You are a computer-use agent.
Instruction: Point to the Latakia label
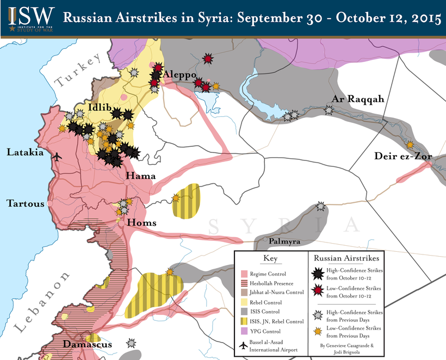coord(25,153)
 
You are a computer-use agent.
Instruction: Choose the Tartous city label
coord(25,203)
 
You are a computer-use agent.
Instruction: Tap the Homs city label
coord(141,223)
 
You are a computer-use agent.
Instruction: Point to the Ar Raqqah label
coord(358,100)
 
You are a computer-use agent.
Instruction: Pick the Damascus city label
coord(87,344)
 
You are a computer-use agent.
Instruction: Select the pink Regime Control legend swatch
coord(245,274)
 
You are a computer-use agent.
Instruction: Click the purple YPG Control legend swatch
coord(245,331)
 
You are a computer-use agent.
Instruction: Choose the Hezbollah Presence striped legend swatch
coord(245,283)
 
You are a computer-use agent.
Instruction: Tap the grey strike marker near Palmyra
coord(321,206)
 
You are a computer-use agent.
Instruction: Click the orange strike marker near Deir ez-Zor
coord(409,144)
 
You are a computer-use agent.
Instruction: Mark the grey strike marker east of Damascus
coord(131,343)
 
